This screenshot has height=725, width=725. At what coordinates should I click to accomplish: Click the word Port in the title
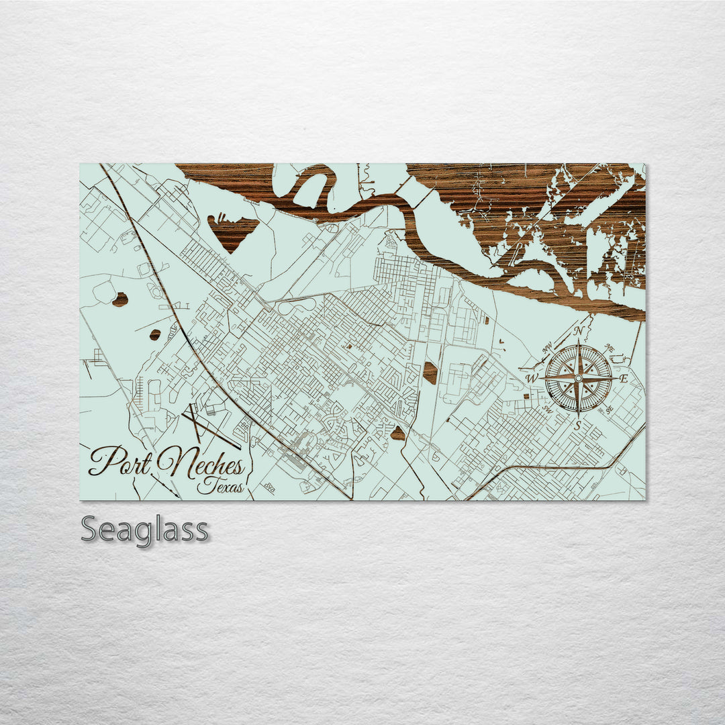click(x=119, y=461)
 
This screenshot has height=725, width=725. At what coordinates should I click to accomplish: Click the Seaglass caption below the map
click(x=144, y=530)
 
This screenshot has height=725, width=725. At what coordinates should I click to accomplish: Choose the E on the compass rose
click(x=624, y=379)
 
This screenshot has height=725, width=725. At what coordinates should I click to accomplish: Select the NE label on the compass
click(x=609, y=348)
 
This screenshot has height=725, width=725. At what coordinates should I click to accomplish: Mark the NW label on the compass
click(x=548, y=348)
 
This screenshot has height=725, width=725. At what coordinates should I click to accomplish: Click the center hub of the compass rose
click(x=578, y=379)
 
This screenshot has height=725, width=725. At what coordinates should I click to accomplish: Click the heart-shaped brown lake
click(x=233, y=230)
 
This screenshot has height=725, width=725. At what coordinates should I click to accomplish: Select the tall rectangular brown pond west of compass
click(x=430, y=373)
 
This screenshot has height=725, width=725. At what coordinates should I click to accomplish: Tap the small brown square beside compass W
click(x=526, y=395)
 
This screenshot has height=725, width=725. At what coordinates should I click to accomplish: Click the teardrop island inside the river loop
click(x=310, y=190)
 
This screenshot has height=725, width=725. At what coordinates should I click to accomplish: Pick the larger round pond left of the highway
click(x=120, y=299)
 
